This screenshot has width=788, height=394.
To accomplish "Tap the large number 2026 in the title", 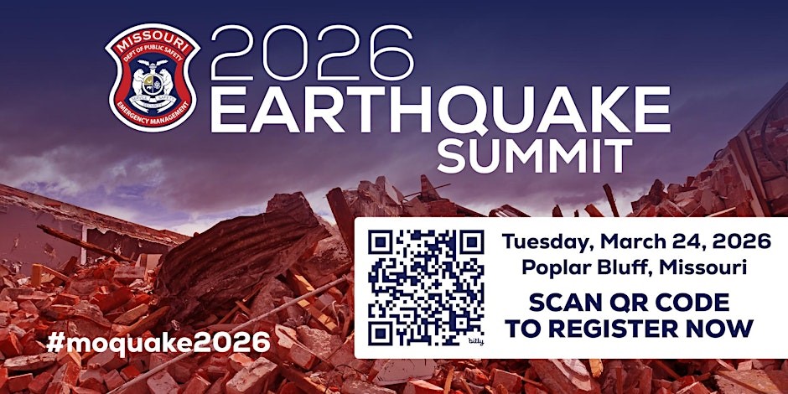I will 312,53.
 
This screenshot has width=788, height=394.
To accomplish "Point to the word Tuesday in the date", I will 542,242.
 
